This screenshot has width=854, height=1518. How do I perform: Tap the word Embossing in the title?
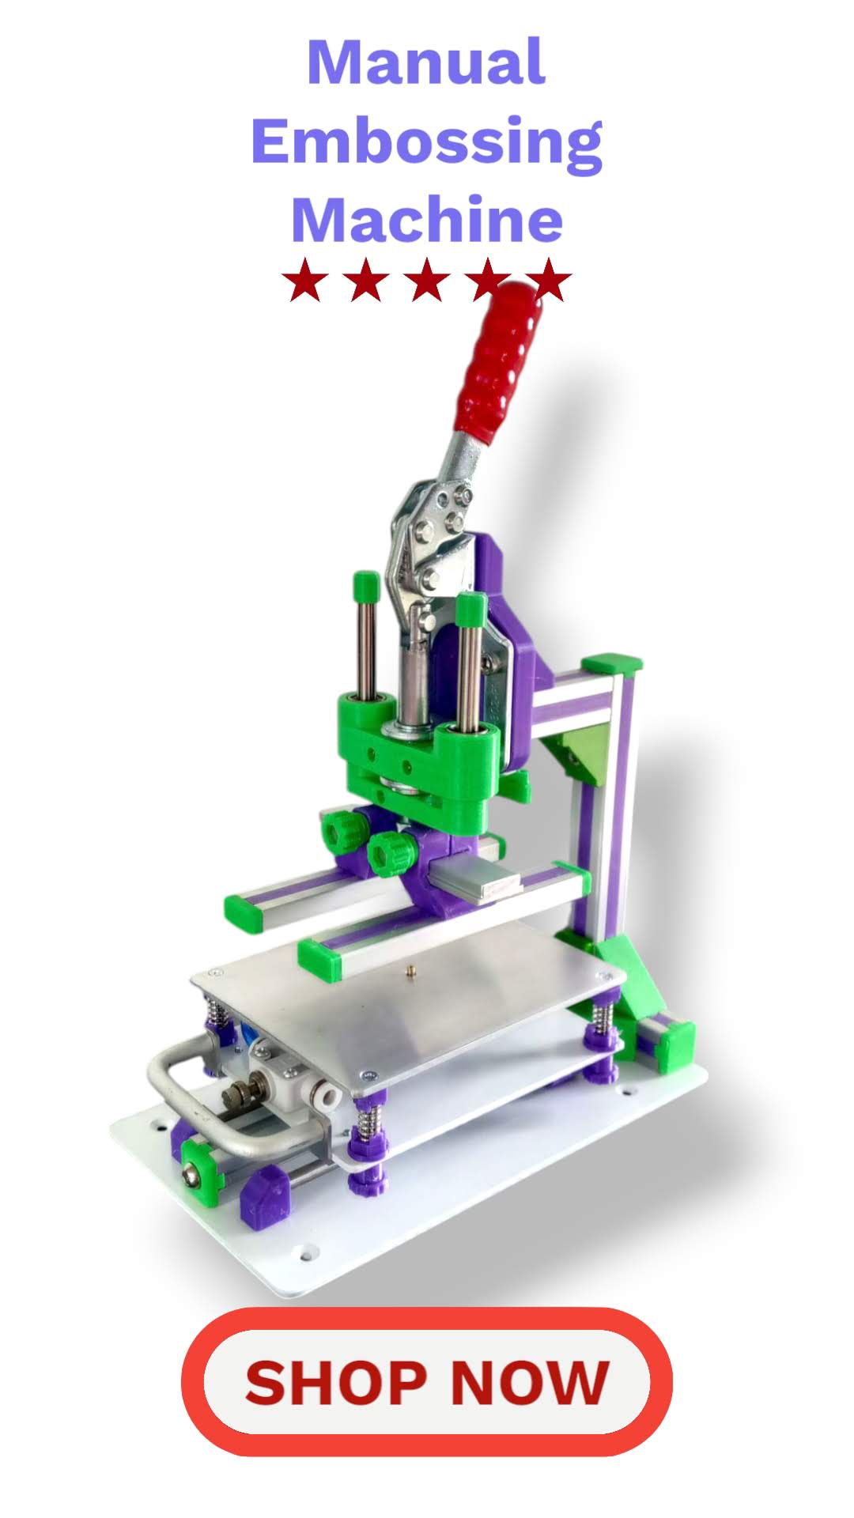427,142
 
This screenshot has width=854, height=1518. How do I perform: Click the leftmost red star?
305,280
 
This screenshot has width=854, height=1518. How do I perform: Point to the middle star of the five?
427,280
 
